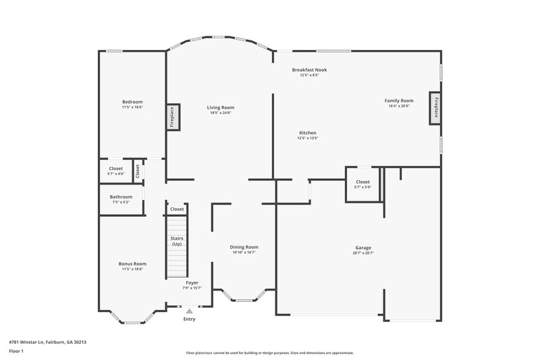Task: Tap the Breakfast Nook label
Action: pyautogui.click(x=309, y=70)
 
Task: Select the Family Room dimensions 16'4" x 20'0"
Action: pyautogui.click(x=399, y=106)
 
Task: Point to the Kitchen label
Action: pyautogui.click(x=307, y=133)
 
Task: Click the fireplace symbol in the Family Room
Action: pyautogui.click(x=435, y=108)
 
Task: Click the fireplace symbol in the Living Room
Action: pyautogui.click(x=172, y=117)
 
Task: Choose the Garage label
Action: pyautogui.click(x=362, y=248)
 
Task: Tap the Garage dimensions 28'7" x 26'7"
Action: pyautogui.click(x=362, y=253)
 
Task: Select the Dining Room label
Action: pyautogui.click(x=244, y=247)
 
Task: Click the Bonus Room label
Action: pyautogui.click(x=132, y=263)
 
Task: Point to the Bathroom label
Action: pyautogui.click(x=122, y=197)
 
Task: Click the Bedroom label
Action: pyautogui.click(x=132, y=102)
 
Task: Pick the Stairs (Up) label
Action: pyautogui.click(x=177, y=241)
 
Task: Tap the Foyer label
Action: pyautogui.click(x=192, y=283)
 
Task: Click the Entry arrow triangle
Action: pyautogui.click(x=190, y=311)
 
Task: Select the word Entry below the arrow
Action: pyautogui.click(x=190, y=319)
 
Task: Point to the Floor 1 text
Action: pyautogui.click(x=17, y=352)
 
